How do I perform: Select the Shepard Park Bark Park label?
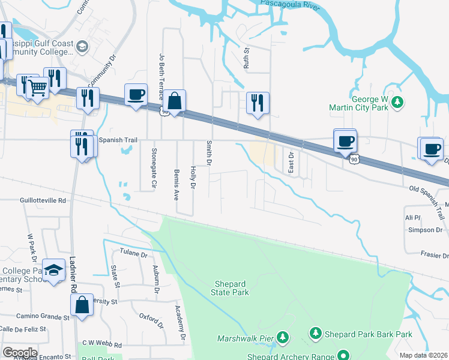369,334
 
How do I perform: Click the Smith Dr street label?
210,154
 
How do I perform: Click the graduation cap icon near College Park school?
55,271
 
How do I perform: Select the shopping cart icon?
37,87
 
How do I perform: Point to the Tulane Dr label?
135,254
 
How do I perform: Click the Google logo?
20,353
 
